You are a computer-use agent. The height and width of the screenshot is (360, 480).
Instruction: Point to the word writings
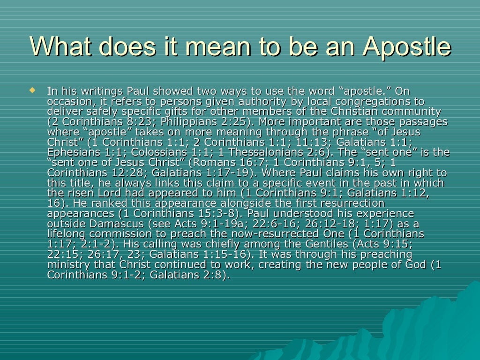tap(90, 91)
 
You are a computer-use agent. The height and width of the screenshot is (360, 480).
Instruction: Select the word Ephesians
tap(72, 152)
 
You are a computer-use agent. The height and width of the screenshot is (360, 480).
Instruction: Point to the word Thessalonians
tap(272, 152)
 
